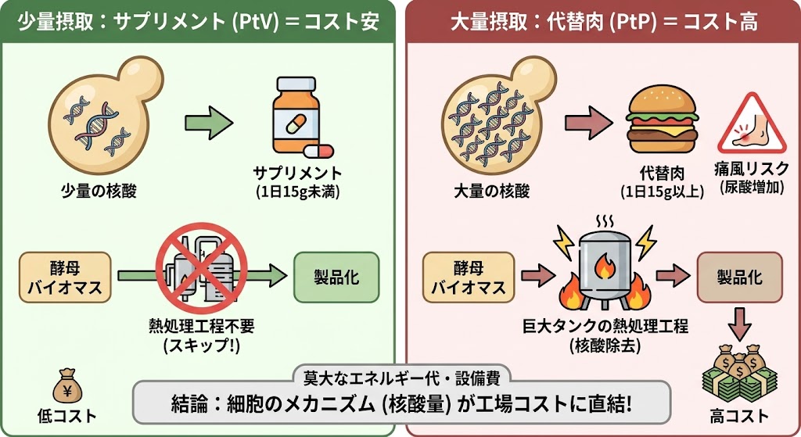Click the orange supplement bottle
(x=296, y=115)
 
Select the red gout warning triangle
(x=752, y=124)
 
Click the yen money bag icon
(x=67, y=387)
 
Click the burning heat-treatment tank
(x=605, y=270)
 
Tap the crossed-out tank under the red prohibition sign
(x=202, y=268)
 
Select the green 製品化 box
(x=336, y=278)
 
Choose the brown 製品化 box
(x=740, y=278)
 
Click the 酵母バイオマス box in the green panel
(x=65, y=278)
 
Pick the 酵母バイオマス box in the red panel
(x=469, y=278)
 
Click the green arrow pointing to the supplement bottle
(x=209, y=123)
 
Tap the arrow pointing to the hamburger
(x=588, y=123)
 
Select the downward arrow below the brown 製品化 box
(x=739, y=324)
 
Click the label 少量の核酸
(x=99, y=191)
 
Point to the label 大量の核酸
(x=492, y=191)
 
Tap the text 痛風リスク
(x=752, y=169)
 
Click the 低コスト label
(x=67, y=416)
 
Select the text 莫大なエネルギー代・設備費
(x=401, y=378)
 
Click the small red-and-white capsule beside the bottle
(x=319, y=151)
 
